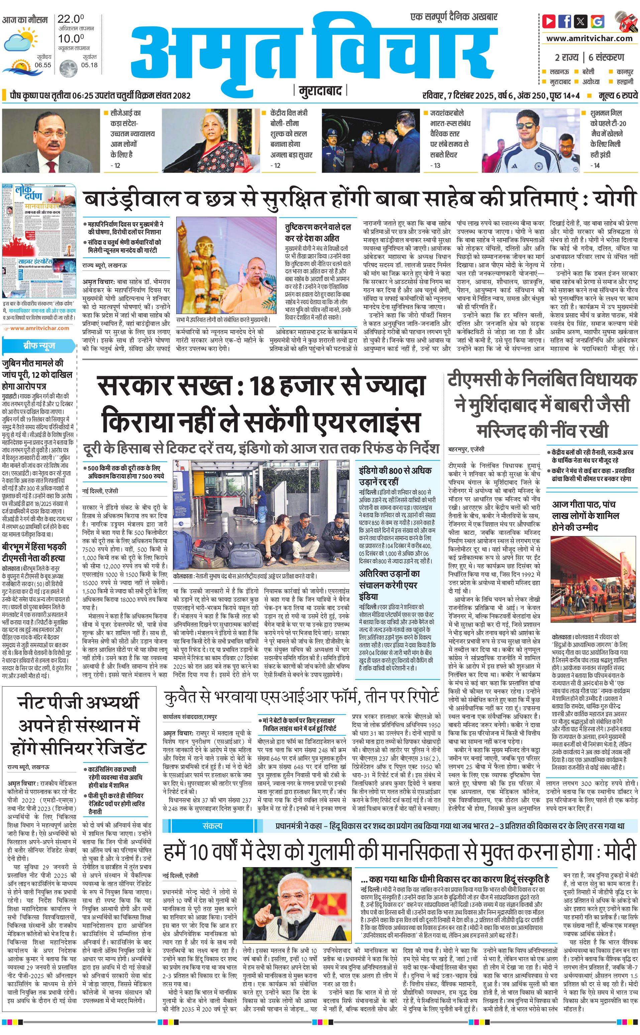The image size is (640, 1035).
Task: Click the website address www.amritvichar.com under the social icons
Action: (589, 38)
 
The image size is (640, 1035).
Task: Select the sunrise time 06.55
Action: (43, 65)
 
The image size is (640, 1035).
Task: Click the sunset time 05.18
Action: (89, 65)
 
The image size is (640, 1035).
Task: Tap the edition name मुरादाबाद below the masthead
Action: (320, 91)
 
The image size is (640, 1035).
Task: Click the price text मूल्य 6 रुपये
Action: (618, 96)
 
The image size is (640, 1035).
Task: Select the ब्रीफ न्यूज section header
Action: (39, 346)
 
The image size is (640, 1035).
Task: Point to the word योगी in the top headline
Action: (614, 198)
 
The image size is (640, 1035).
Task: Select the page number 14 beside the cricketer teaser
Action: (597, 166)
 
